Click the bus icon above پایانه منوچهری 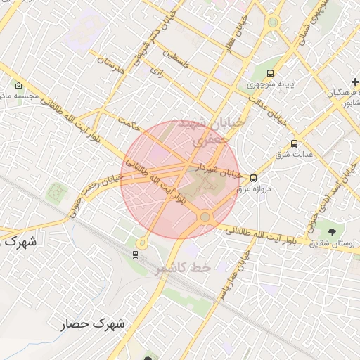coord(271,72)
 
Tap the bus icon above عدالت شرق coord(295,143)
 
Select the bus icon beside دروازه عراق coord(253,179)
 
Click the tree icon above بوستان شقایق coord(332,231)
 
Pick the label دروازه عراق coord(266,189)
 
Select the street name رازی coord(157,71)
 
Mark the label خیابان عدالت coord(269,111)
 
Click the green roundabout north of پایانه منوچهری coord(272,22)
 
